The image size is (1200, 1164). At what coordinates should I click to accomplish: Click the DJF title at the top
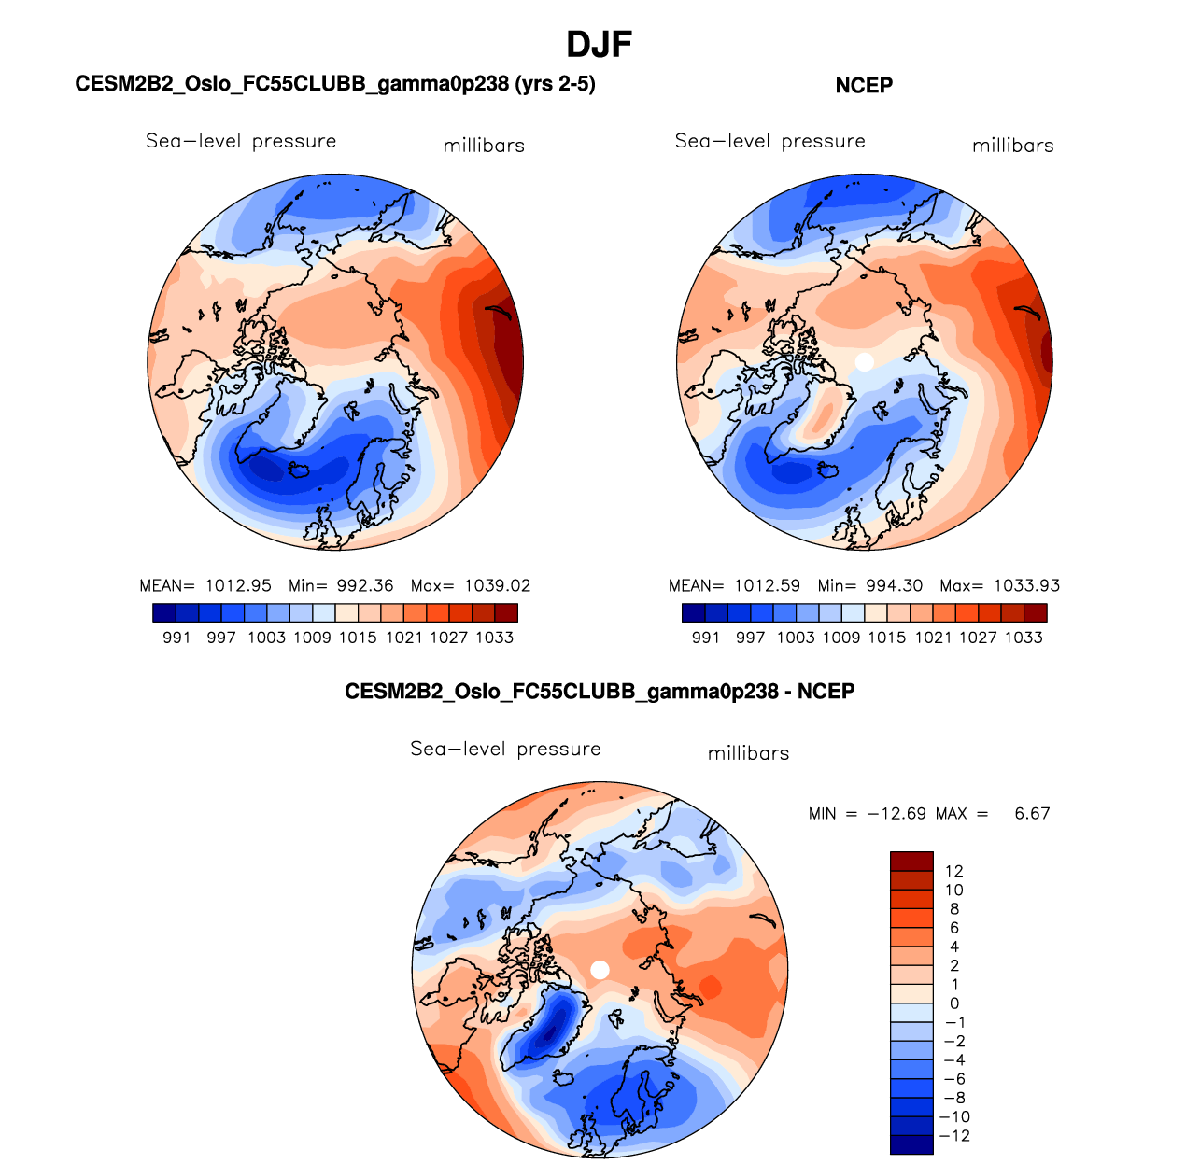tap(600, 44)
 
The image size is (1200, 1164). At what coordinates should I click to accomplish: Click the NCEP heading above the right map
tap(864, 86)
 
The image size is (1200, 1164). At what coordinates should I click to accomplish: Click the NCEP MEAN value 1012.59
tap(767, 586)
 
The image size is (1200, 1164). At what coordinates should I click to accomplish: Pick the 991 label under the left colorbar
tap(176, 638)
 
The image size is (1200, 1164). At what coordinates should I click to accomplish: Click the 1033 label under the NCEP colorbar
tap(1024, 638)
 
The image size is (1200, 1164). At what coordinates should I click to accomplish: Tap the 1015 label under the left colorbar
tap(358, 638)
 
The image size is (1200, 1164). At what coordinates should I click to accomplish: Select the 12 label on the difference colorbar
tap(953, 871)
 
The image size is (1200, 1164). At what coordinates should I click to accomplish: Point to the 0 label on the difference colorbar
tap(953, 1003)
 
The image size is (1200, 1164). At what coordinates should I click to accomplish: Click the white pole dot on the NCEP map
tap(865, 361)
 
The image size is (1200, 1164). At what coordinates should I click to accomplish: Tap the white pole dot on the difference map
tap(600, 970)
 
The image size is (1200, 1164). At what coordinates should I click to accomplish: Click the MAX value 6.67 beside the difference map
tap(1032, 814)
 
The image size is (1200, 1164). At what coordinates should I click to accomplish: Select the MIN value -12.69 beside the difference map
tap(896, 814)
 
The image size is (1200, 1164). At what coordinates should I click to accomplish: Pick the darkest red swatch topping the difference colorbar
tap(911, 862)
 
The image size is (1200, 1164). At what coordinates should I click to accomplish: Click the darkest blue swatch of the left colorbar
tap(163, 613)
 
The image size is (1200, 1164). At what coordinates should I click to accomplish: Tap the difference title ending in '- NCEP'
tap(600, 692)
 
